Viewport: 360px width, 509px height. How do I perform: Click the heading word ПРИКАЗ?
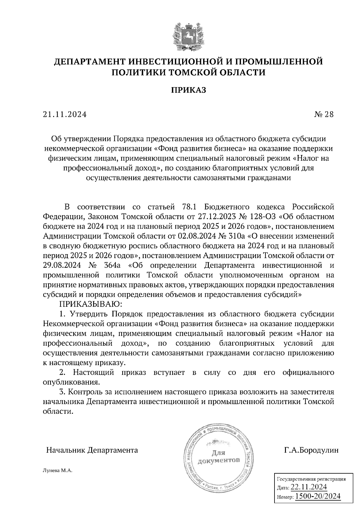189,90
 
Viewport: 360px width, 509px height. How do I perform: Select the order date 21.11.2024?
65,115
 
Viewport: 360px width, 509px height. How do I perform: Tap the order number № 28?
324,115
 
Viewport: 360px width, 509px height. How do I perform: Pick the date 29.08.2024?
61,265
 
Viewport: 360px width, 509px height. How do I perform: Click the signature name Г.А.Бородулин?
311,450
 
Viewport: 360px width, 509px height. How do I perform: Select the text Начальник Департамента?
92,450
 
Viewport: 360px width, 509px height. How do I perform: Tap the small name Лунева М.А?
58,471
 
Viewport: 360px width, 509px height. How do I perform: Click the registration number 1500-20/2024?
318,496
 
